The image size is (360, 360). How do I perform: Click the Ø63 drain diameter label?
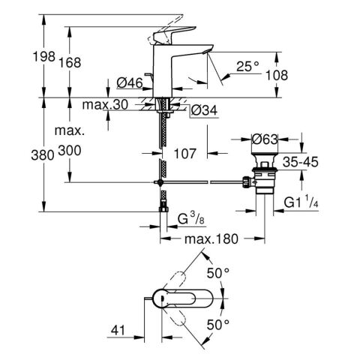(x=263, y=139)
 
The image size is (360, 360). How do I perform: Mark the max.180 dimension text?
(x=212, y=239)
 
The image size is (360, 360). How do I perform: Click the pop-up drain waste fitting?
(x=262, y=178)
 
